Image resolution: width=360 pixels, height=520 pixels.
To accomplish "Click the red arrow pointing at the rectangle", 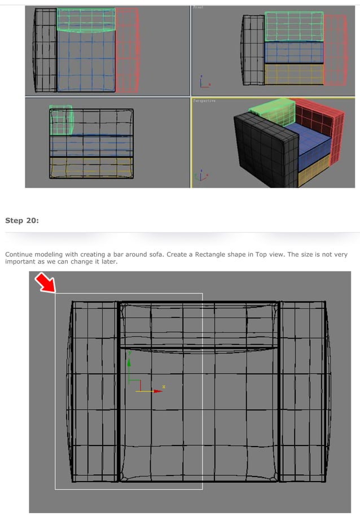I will point(45,282).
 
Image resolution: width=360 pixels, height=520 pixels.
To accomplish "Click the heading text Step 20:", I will point(22,220).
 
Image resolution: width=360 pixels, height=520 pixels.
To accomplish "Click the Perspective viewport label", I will point(205,100).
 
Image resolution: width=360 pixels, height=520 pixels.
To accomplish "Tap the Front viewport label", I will point(198,7).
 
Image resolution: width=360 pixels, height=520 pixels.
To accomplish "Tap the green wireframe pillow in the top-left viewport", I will point(86,20).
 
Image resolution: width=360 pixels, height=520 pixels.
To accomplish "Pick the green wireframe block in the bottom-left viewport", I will point(61,120).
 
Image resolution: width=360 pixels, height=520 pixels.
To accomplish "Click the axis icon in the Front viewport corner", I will point(203,82).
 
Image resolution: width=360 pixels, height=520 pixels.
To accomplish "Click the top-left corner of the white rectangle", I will point(55,294).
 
